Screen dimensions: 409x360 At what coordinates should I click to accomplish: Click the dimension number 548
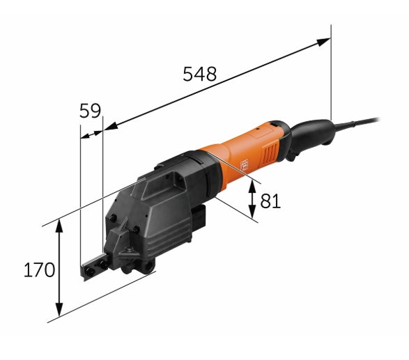pos(199,74)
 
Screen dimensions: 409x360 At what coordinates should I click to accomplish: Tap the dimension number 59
pos(90,111)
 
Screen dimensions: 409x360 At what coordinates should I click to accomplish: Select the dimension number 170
pos(40,269)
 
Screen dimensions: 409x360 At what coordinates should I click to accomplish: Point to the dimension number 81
pos(270,201)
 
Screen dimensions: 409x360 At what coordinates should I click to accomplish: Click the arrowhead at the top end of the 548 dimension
pos(323,42)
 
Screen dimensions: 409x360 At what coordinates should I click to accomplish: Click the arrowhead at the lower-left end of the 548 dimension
pos(111,126)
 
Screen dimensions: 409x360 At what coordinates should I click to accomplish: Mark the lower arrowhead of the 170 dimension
pos(59,309)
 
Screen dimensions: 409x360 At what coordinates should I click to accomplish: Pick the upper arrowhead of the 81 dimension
pos(252,187)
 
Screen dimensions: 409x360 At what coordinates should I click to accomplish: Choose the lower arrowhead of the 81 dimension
pos(252,212)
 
